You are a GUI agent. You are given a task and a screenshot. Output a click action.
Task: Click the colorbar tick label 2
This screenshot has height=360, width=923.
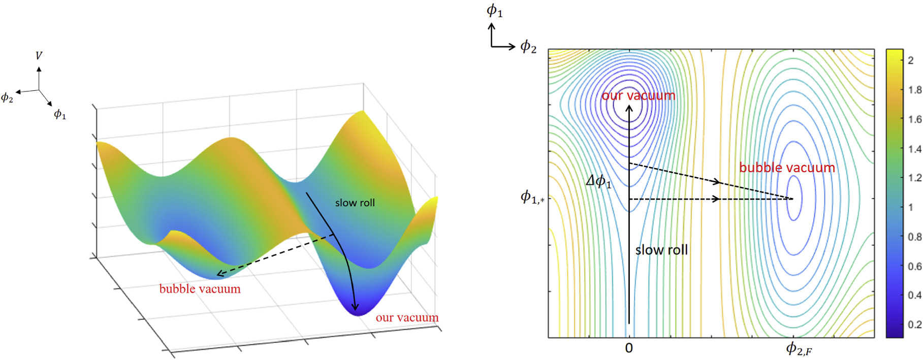tap(910, 60)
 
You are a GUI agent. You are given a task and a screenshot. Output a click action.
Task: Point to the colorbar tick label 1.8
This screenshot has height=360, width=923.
tap(914, 90)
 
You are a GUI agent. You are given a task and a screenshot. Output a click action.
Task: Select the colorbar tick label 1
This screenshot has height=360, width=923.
tap(910, 207)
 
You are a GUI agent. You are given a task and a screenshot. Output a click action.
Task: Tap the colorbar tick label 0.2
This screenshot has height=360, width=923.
tap(914, 324)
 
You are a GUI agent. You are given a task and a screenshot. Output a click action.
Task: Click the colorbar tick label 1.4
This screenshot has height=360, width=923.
tap(914, 149)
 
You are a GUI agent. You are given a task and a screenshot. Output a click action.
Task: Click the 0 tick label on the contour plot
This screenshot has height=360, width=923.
tap(629, 348)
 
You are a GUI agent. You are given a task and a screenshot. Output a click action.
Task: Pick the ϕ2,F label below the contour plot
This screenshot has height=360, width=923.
tap(799, 349)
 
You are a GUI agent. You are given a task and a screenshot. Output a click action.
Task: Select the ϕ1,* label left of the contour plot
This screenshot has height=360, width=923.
tap(532, 197)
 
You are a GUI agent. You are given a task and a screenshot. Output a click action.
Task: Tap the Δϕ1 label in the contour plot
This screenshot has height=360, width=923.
tap(598, 181)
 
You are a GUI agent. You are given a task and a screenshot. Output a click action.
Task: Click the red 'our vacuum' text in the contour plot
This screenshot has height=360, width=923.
tap(639, 95)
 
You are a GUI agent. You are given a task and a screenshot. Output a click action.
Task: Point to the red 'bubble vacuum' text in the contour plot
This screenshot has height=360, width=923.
tap(787, 168)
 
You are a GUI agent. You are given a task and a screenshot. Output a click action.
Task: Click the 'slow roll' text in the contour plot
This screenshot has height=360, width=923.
tap(661, 250)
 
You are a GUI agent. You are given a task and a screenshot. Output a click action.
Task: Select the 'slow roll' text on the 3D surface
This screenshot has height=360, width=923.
tap(355, 203)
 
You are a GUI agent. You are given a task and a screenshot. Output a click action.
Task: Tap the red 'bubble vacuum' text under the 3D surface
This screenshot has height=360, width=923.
tap(200, 289)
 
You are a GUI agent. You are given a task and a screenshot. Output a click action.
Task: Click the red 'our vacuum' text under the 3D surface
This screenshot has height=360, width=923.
tap(407, 318)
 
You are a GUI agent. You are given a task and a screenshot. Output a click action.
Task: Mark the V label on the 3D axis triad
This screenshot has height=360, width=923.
tap(39, 55)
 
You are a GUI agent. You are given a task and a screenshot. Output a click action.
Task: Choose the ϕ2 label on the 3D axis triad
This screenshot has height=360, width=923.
tap(7, 97)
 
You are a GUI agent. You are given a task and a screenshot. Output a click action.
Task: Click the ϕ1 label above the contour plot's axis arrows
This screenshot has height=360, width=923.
tap(494, 10)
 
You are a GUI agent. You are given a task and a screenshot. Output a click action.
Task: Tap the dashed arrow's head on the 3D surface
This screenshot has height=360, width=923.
tap(219, 274)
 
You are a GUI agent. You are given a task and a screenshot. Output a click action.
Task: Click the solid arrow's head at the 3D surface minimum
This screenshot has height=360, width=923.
tap(355, 307)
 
